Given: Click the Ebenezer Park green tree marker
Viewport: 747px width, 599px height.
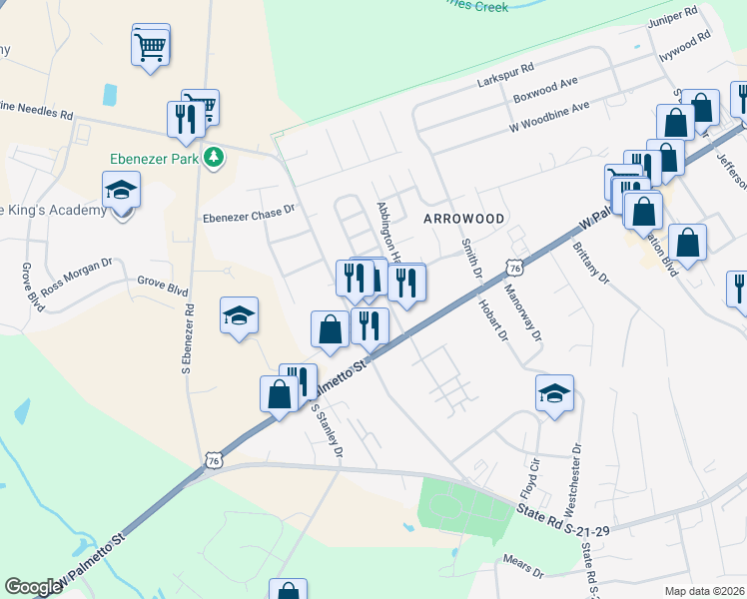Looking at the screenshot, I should [x=213, y=157].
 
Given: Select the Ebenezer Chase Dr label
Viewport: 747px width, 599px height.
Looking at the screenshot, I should [x=249, y=211].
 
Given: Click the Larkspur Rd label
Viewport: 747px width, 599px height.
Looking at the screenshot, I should [x=506, y=71].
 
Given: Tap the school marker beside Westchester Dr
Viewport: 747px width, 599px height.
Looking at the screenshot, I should [x=555, y=393].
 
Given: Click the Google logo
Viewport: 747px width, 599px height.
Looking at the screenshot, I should [x=33, y=587].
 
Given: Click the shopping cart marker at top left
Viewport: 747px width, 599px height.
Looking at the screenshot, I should [x=150, y=44].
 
